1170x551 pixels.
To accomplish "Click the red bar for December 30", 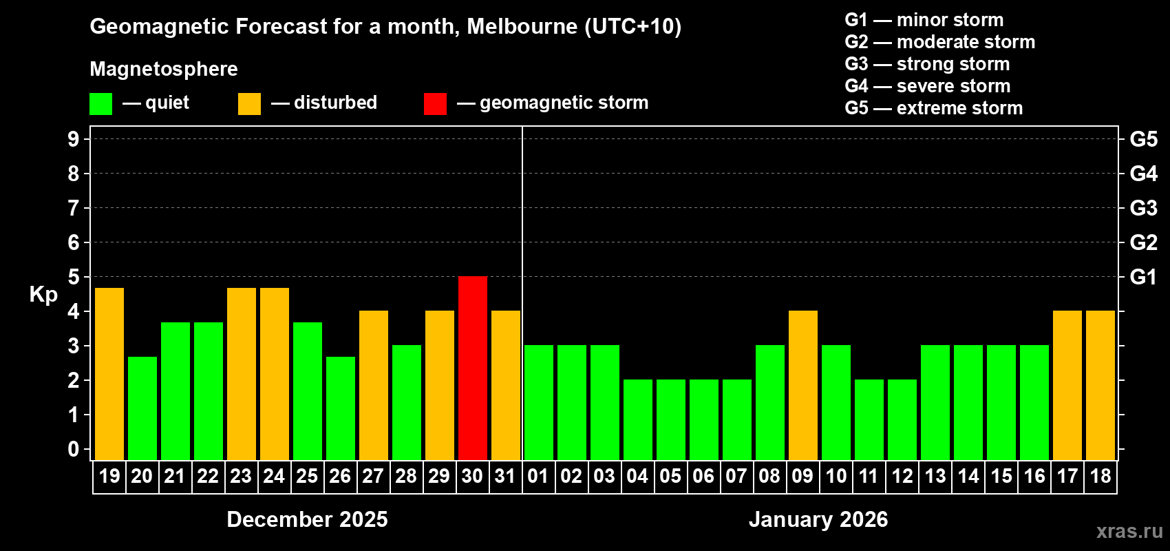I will tap(473, 368).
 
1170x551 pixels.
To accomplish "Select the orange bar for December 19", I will tap(109, 373).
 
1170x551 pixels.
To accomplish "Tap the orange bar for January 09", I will tap(803, 385).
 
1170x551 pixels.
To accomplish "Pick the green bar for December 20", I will tap(142, 408).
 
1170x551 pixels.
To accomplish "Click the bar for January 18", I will tap(1100, 385).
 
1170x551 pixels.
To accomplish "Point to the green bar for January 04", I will tap(638, 419).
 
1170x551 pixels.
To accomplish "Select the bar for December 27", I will tap(374, 385).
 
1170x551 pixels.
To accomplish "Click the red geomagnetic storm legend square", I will tap(435, 104).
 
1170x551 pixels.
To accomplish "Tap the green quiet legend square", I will tap(101, 104).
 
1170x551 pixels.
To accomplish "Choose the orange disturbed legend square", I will tap(249, 104).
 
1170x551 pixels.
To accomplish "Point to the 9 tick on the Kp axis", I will tap(74, 139).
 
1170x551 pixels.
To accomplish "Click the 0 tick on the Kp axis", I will tap(74, 449).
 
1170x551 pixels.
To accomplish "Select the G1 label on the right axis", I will tap(1143, 277).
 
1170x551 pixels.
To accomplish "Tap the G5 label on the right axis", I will tap(1143, 139).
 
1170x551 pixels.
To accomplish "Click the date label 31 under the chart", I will tap(505, 476).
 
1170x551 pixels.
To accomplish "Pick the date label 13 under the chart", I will tap(935, 476).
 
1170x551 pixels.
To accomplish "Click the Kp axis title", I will tap(43, 294).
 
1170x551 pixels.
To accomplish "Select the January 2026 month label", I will tap(818, 519).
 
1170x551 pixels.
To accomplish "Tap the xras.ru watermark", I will tap(1129, 531).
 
